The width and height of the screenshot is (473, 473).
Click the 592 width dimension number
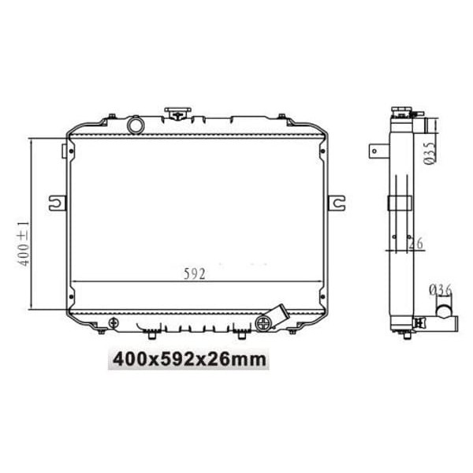coord(195,274)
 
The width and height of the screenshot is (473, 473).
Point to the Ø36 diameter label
coord(440,291)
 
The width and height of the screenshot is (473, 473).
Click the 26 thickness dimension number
coord(415,244)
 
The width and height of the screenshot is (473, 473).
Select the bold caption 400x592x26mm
coord(190,360)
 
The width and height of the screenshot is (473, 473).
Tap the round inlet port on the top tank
coord(136,125)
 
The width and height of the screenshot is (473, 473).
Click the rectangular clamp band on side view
coord(400,203)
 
